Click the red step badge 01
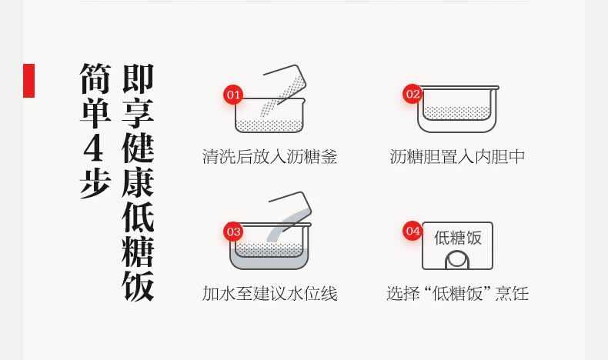[x=233, y=95]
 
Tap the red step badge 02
[x=413, y=94]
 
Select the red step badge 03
[x=233, y=232]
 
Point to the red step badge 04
[x=413, y=231]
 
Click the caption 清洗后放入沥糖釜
[x=269, y=157]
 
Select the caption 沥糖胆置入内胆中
[x=457, y=157]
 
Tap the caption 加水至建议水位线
[x=269, y=293]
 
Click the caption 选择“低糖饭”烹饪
[x=458, y=293]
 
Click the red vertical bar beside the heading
[x=28, y=81]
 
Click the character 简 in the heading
[x=95, y=78]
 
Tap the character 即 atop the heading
[x=138, y=78]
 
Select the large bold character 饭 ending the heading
[x=138, y=286]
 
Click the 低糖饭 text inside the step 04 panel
[x=458, y=238]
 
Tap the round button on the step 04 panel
[x=457, y=260]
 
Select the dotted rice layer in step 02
[x=457, y=113]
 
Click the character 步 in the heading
[x=95, y=183]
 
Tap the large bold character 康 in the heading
[x=138, y=182]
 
